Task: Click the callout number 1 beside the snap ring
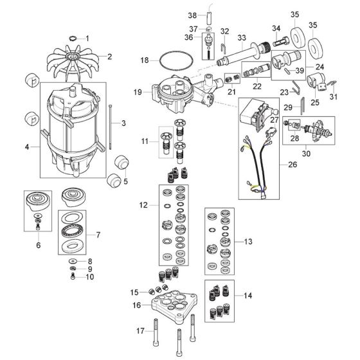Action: click(x=87, y=38)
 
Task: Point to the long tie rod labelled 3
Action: click(x=111, y=127)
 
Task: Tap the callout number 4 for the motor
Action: click(x=27, y=147)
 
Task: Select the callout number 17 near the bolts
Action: click(x=140, y=331)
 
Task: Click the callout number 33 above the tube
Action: click(x=242, y=38)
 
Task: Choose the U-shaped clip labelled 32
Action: click(x=224, y=48)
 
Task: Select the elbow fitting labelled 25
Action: click(x=316, y=81)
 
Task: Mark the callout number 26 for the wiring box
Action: click(x=292, y=165)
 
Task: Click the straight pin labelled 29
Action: click(x=302, y=105)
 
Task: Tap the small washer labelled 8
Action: click(x=73, y=261)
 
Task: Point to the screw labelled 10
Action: click(x=73, y=276)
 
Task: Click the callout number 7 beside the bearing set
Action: click(x=98, y=235)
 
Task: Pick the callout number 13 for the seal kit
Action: click(x=248, y=242)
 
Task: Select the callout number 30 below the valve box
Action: click(x=306, y=153)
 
